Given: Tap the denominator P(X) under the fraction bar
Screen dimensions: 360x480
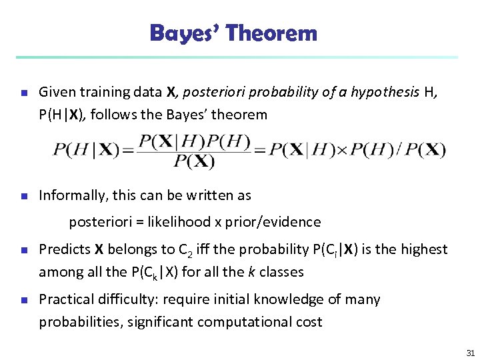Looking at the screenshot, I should (x=194, y=161).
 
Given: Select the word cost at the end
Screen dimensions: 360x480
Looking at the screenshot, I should (x=308, y=322).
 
